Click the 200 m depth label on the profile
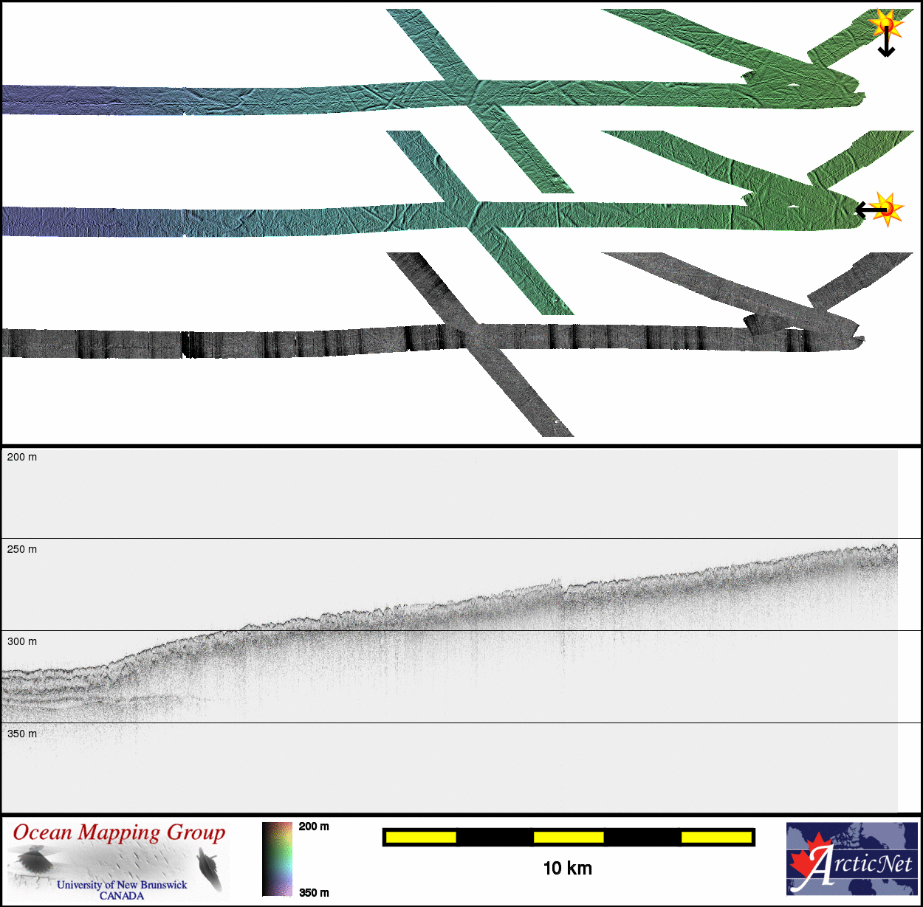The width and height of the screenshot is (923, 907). coord(22,458)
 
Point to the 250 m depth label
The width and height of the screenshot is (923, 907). coord(22,550)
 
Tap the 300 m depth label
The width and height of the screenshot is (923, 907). coord(22,642)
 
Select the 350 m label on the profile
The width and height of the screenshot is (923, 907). coord(22,734)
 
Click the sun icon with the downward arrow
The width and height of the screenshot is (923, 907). coord(885,24)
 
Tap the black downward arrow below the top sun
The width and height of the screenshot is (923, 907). coord(886,44)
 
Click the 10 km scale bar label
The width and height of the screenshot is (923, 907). coord(567,869)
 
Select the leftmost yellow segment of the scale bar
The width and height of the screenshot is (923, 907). coord(421,837)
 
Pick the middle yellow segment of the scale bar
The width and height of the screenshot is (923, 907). coord(569,837)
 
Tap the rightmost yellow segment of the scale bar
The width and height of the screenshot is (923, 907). coord(716,837)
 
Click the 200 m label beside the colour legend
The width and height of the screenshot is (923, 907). coord(314,827)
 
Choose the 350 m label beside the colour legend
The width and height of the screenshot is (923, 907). coord(314,893)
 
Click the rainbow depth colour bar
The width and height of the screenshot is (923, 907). coord(277,859)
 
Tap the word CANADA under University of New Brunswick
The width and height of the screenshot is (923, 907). coord(122,896)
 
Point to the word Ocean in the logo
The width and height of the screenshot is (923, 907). coord(43,832)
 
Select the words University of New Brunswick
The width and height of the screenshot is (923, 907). coord(122,885)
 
